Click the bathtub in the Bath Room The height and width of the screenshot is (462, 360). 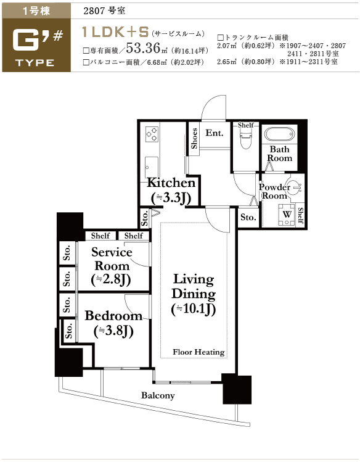tap(279, 134)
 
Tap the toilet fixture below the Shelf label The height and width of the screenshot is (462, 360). tap(246, 139)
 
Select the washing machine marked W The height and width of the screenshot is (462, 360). tap(287, 215)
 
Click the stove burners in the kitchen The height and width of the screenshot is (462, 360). tap(152, 134)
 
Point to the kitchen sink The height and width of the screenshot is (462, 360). tap(151, 167)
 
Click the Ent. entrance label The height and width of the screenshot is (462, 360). tap(215, 133)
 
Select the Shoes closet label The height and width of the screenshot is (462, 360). tap(194, 139)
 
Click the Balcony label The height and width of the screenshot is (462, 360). tap(158, 395)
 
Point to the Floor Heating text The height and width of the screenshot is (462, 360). tap(198, 352)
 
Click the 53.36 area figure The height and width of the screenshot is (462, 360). tap(143, 48)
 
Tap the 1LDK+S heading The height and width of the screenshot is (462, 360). tap(115, 32)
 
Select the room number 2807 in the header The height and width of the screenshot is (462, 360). tap(94, 11)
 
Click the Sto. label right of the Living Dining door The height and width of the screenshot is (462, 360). tap(248, 218)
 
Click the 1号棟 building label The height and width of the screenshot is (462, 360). tap(36, 11)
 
